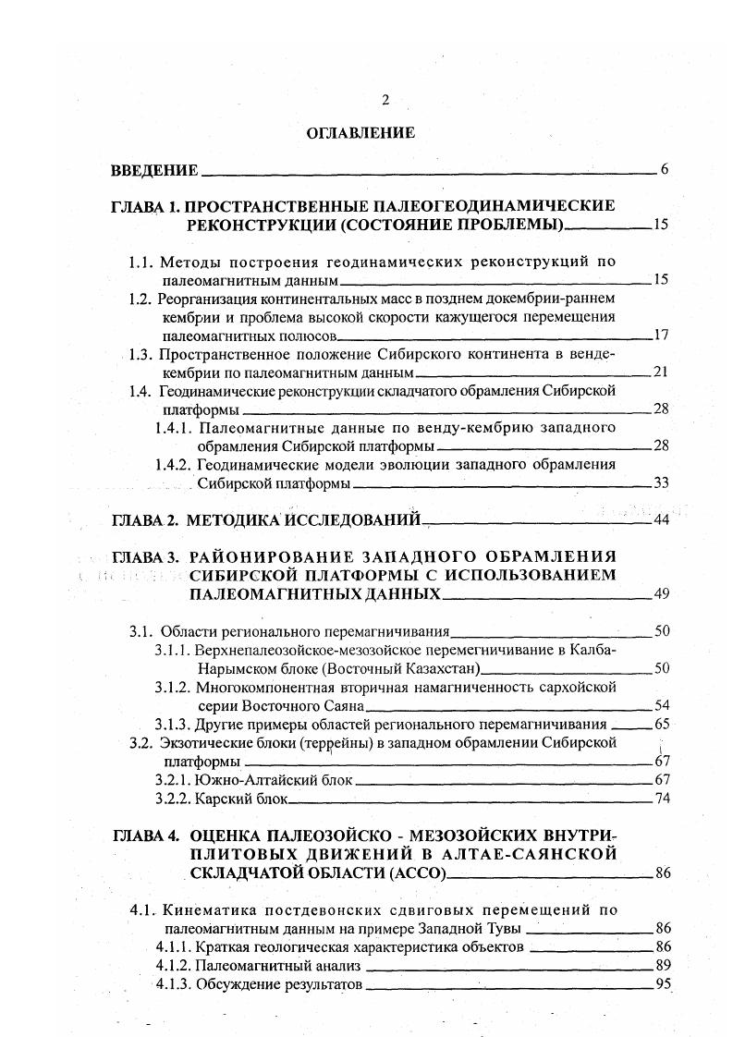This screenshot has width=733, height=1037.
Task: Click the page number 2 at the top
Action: pyautogui.click(x=385, y=100)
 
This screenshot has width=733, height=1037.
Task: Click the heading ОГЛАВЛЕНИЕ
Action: pyautogui.click(x=360, y=133)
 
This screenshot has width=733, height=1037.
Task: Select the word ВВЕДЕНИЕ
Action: pyautogui.click(x=154, y=170)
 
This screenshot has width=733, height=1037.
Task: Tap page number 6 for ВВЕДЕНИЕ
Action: pyautogui.click(x=664, y=169)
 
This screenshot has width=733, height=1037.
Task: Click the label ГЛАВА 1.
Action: pyautogui.click(x=145, y=205)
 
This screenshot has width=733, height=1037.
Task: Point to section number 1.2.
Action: pyautogui.click(x=140, y=299)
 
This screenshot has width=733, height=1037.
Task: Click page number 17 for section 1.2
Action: pyautogui.click(x=660, y=335)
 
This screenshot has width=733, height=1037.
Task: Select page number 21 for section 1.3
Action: pyautogui.click(x=660, y=372)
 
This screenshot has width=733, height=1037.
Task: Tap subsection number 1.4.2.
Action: pyautogui.click(x=173, y=464)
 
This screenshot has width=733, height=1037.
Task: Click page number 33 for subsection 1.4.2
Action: pyautogui.click(x=660, y=482)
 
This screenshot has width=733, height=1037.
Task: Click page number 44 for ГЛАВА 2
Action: pyautogui.click(x=660, y=520)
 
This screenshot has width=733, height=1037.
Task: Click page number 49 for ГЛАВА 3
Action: pyautogui.click(x=660, y=593)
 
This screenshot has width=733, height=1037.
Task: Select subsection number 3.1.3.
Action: pyautogui.click(x=172, y=724)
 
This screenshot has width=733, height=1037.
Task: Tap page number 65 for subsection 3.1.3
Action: pyautogui.click(x=661, y=724)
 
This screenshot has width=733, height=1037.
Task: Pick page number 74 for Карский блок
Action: pyautogui.click(x=661, y=799)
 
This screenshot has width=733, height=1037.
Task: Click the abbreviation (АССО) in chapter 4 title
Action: pyautogui.click(x=413, y=872)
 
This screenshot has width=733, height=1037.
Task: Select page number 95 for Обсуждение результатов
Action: pyautogui.click(x=661, y=983)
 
